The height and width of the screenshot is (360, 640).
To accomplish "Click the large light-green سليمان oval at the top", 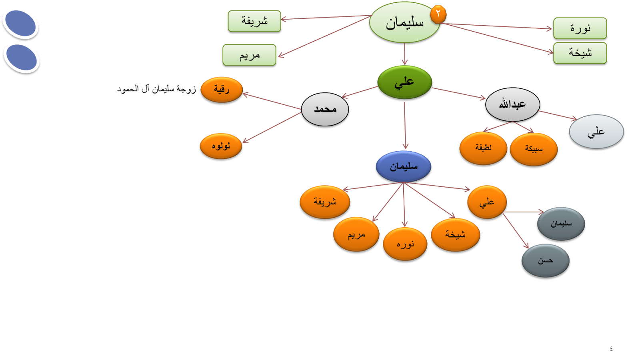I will [x=404, y=23].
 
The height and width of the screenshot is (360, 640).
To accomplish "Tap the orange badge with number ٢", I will [x=438, y=14].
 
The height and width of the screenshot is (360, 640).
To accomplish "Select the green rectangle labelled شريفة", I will [x=254, y=21].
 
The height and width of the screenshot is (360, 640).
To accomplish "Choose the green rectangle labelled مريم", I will [x=249, y=55].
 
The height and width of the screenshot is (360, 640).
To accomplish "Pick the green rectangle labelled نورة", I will [x=580, y=28].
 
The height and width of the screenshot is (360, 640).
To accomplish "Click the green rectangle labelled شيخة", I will [x=580, y=53].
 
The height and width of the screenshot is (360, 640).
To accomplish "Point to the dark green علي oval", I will [x=404, y=82].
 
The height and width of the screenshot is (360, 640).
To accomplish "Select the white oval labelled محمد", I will [x=325, y=109].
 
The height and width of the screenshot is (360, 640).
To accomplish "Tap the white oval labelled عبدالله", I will [x=512, y=104].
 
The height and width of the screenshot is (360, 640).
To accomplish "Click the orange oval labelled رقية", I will [x=221, y=89].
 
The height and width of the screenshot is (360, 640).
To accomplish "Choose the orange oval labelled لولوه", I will [x=221, y=146].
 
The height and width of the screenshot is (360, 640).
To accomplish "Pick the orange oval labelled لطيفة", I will [x=483, y=148].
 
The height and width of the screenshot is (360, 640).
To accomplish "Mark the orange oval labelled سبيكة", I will [x=534, y=149].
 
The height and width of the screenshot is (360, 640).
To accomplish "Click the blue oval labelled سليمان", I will [x=403, y=166].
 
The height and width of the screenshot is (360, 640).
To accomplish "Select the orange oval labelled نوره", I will [x=405, y=244].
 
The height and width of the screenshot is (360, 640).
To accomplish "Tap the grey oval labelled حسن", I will [x=545, y=261].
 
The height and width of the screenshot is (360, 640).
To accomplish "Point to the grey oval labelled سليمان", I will [x=561, y=224].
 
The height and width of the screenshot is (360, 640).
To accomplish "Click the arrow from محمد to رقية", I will [x=272, y=101].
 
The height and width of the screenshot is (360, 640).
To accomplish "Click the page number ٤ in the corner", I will [x=611, y=348].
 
